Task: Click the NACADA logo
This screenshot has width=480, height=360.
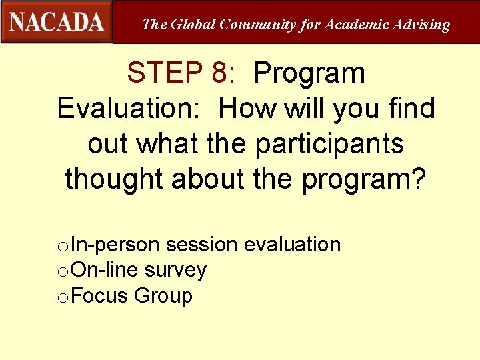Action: pos(57,21)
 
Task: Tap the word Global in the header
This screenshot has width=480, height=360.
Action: pos(194,25)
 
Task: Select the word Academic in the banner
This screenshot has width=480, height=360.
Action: pos(358,25)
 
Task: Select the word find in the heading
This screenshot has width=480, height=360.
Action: pos(409,108)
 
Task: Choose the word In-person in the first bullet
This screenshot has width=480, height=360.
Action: pos(115,245)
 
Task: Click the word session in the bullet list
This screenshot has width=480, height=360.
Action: pos(201,245)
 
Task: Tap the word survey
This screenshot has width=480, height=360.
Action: pos(175,270)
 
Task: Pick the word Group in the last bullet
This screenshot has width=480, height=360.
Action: pos(163,295)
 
